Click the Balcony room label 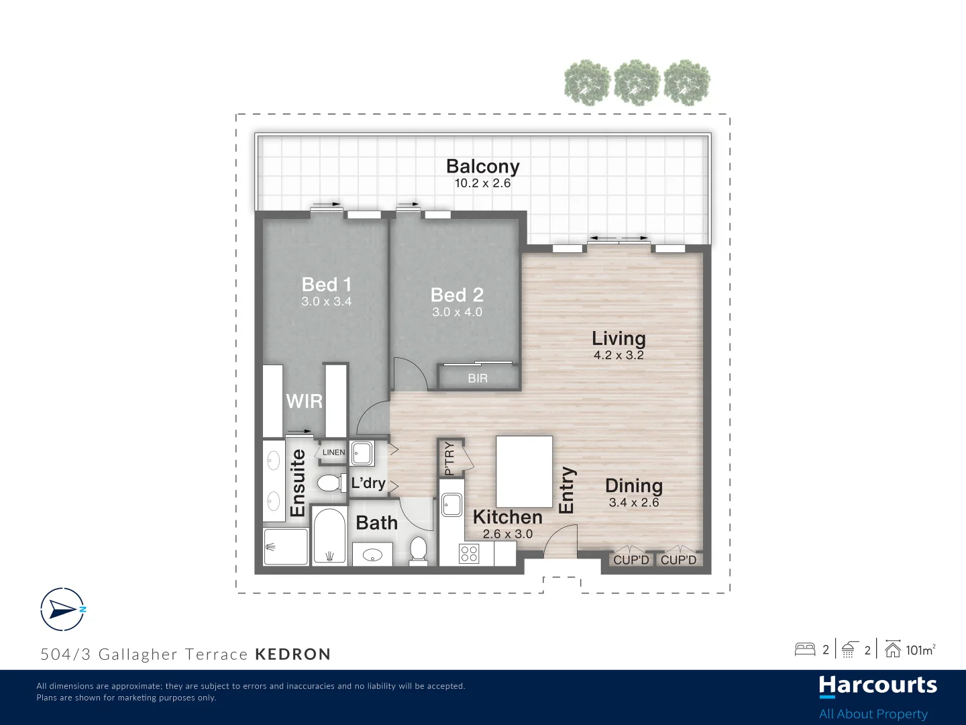click(x=483, y=166)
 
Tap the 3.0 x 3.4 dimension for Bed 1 click(x=327, y=301)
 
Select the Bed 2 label click(x=457, y=295)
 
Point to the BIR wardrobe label click(x=478, y=378)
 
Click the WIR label click(x=304, y=401)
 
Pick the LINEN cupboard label click(x=333, y=452)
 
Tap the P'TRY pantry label click(x=449, y=458)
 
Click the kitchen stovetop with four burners click(x=469, y=554)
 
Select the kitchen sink click(x=452, y=504)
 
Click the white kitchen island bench click(x=524, y=471)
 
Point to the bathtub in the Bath click(x=329, y=536)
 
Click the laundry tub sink click(x=362, y=453)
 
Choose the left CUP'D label click(x=631, y=560)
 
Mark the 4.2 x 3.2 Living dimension click(x=619, y=355)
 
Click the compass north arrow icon click(x=62, y=610)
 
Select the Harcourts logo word click(x=877, y=686)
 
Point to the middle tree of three click(x=637, y=83)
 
